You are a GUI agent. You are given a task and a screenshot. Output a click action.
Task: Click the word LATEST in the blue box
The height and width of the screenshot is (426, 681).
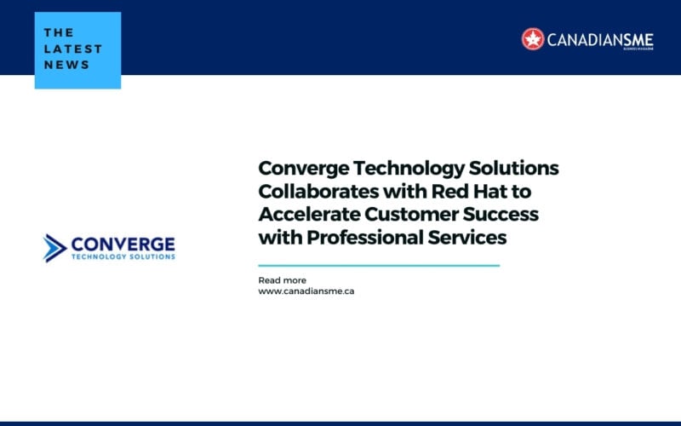click(73, 49)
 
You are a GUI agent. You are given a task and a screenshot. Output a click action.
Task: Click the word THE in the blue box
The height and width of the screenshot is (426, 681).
click(59, 32)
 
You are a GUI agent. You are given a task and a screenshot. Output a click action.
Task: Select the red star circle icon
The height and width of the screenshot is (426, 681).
click(533, 39)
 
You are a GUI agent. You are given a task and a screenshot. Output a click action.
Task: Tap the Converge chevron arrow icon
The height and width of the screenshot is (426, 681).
click(54, 247)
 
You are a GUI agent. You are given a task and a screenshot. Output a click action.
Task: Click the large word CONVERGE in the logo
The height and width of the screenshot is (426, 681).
click(123, 243)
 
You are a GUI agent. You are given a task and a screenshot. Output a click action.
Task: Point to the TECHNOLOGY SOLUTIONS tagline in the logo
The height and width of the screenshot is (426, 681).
click(123, 256)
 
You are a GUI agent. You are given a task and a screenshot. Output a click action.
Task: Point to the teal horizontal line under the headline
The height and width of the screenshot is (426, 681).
click(379, 266)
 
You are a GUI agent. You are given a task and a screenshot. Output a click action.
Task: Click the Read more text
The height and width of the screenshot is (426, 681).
click(282, 280)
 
